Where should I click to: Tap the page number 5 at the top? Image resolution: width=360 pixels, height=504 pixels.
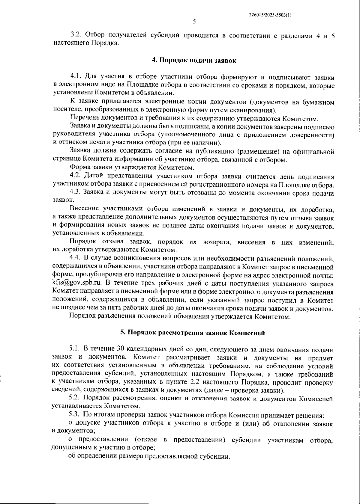[194, 22]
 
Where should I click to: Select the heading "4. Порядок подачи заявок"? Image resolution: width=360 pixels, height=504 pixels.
[194, 61]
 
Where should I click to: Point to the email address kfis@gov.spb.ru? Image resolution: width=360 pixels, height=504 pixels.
[77, 283]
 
